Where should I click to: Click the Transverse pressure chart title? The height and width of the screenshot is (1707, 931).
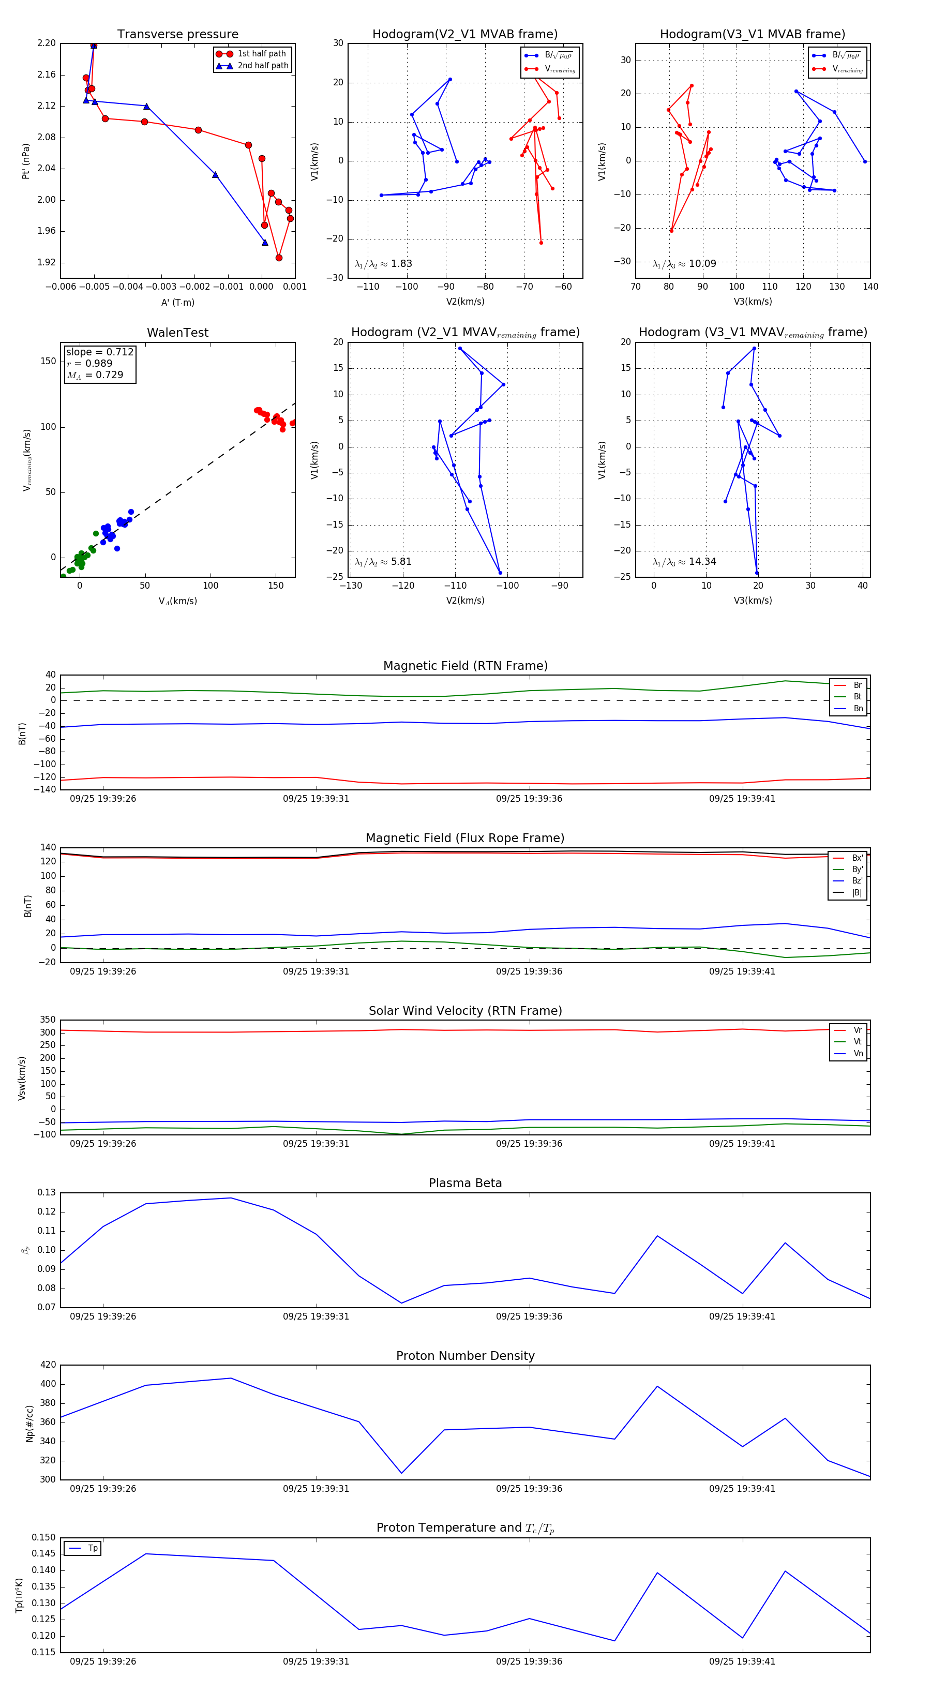(x=177, y=35)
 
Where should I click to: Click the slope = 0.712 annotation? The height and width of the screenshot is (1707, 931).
(x=99, y=352)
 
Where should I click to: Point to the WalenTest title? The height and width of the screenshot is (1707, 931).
(x=177, y=333)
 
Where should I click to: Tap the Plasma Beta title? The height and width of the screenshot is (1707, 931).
(x=465, y=1183)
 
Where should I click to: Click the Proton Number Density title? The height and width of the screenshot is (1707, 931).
(x=465, y=1356)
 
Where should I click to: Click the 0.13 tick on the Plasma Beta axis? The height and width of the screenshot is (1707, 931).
(x=47, y=1193)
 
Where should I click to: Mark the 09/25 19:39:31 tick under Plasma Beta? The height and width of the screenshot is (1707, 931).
(x=316, y=1316)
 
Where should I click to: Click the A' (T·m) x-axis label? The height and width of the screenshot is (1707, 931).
(x=177, y=302)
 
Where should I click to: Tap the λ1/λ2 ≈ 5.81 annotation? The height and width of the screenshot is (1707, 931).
(x=383, y=562)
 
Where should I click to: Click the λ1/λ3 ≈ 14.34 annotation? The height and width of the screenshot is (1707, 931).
(x=684, y=562)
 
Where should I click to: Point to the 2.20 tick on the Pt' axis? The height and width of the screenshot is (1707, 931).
(x=47, y=43)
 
